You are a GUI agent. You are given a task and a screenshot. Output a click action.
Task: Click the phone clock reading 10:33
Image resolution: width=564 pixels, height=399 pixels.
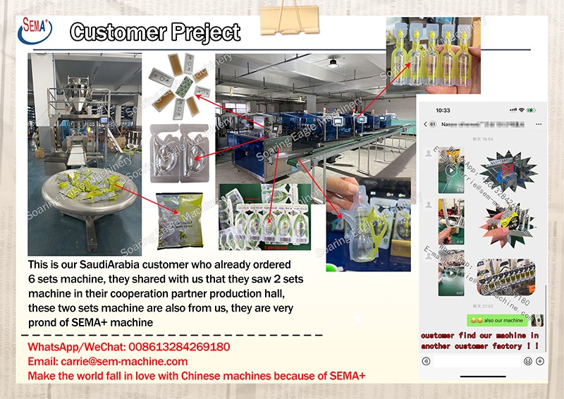(443, 111)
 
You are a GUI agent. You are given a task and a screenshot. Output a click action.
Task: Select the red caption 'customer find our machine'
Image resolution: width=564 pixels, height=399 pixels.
(479, 336)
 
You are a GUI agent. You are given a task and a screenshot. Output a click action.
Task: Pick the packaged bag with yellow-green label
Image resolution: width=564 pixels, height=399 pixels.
(179, 221)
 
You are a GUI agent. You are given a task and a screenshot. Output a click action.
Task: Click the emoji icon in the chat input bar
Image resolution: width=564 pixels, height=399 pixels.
(527, 361)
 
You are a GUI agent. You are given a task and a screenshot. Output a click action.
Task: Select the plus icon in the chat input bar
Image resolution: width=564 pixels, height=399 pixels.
(540, 361)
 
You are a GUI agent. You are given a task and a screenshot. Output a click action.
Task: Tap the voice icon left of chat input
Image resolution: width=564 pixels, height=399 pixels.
(426, 361)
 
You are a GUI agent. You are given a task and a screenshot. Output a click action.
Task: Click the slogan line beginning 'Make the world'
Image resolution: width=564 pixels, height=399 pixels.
(197, 376)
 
